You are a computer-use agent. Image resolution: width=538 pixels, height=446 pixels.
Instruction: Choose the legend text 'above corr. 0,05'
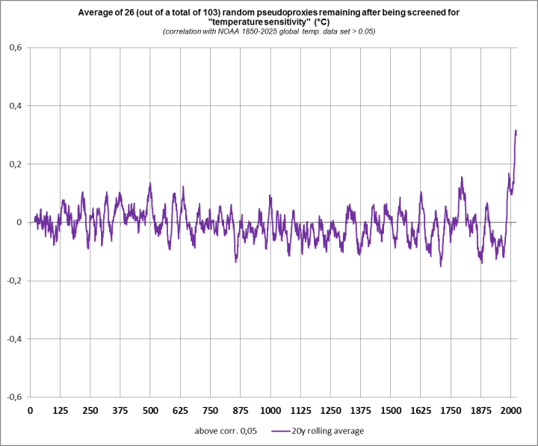pos(222,431)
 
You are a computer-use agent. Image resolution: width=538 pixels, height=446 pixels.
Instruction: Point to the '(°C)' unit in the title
pos(320,22)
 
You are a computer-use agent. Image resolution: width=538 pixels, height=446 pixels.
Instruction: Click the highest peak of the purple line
pos(516,131)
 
